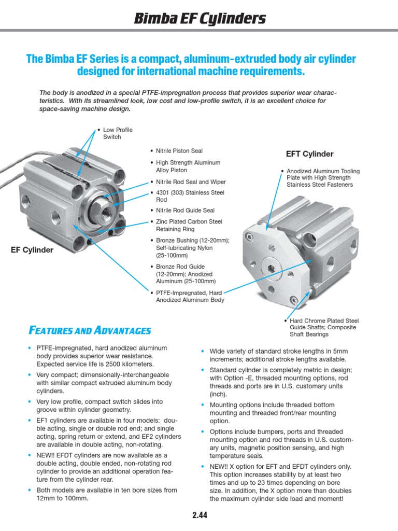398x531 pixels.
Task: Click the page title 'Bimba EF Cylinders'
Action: coord(200,19)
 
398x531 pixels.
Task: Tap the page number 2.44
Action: coord(200,516)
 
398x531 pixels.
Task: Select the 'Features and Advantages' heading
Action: coord(89,330)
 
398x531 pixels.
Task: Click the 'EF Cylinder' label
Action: coord(32,250)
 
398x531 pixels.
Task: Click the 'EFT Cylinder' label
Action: coord(309,154)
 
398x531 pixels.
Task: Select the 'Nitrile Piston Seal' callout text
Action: coord(179,151)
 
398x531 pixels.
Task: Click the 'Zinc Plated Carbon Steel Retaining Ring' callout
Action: coord(189,226)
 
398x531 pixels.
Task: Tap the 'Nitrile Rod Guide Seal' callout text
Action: coord(185,210)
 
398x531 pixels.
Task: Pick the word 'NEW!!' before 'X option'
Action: coord(220,466)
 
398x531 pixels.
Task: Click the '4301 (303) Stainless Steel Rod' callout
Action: coord(190,196)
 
